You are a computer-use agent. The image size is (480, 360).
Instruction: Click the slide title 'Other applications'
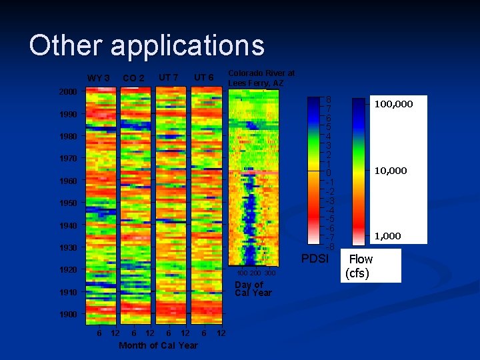point(147,46)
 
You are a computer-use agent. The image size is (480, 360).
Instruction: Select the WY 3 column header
point(99,79)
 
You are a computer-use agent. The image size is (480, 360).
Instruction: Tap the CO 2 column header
point(133,79)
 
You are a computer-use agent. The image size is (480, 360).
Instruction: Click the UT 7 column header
point(168,78)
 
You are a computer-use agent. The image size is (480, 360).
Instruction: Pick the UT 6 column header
point(203,78)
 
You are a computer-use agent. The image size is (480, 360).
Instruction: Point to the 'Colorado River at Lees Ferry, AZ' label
point(261,78)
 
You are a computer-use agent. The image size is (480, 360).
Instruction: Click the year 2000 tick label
point(68,91)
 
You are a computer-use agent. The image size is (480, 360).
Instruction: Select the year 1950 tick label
point(68,203)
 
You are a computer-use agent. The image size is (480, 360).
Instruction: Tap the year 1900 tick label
point(68,314)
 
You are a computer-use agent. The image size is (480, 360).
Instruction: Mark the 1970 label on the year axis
point(68,159)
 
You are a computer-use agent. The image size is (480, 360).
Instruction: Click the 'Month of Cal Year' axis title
point(158,345)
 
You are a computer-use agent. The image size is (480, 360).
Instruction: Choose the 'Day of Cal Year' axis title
point(253,289)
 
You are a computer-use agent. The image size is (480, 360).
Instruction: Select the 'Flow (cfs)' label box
point(361,265)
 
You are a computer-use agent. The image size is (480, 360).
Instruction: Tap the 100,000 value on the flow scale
point(393,104)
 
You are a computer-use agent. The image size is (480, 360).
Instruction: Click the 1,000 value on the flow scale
point(387,236)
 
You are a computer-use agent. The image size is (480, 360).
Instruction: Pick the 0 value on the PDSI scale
point(328,173)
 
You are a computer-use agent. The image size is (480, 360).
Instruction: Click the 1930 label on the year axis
point(68,247)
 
